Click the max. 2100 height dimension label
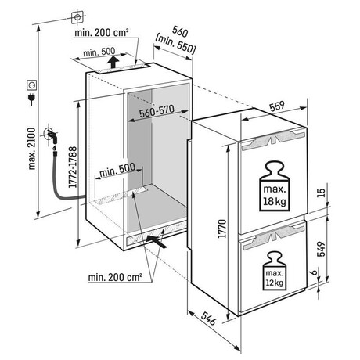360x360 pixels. pyautogui.click(x=32, y=149)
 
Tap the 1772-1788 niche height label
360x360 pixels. pyautogui.click(x=73, y=167)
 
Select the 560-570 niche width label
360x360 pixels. pyautogui.click(x=157, y=111)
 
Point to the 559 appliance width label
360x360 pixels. pyautogui.click(x=277, y=106)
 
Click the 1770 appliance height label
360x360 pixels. pyautogui.click(x=222, y=229)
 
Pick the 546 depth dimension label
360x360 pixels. pyautogui.click(x=209, y=318)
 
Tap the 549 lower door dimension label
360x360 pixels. pyautogui.click(x=321, y=249)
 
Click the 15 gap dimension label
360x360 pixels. pyautogui.click(x=322, y=193)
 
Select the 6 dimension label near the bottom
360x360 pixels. pyautogui.click(x=315, y=272)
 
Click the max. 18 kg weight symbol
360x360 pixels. pyautogui.click(x=275, y=185)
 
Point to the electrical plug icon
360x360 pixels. pyautogui.click(x=32, y=99)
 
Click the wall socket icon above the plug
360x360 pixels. pyautogui.click(x=32, y=85)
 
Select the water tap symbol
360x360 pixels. pyautogui.click(x=52, y=136)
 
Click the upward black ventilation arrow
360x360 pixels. pyautogui.click(x=113, y=62)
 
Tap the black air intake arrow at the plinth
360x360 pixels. pyautogui.click(x=157, y=241)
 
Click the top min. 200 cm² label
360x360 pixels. pyautogui.click(x=102, y=33)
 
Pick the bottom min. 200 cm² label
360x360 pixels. pyautogui.click(x=115, y=277)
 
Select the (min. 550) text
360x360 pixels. pyautogui.click(x=175, y=44)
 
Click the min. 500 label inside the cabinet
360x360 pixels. pyautogui.click(x=117, y=170)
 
